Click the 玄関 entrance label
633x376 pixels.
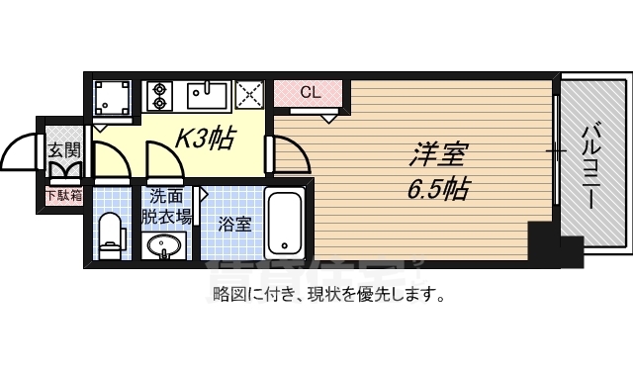pos(64,150)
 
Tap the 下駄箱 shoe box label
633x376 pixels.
pos(65,194)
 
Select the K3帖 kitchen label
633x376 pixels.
pos(204,141)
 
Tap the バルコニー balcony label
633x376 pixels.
pos(589,164)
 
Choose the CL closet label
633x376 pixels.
pos(310,93)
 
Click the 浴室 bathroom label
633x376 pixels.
pos(234,224)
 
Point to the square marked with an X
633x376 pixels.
pos(247,96)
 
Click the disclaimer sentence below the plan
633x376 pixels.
pos(327,294)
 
